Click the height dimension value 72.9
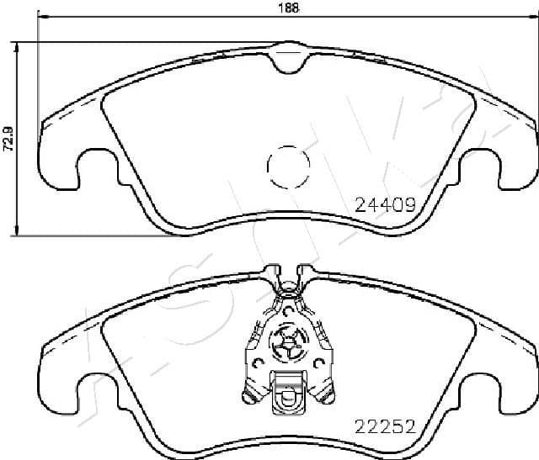pyautogui.click(x=8, y=139)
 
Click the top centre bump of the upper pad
pyautogui.click(x=289, y=57)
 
